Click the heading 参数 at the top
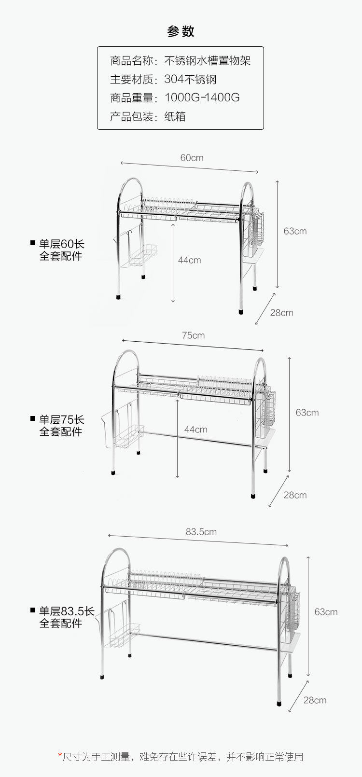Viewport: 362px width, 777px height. coord(181,31)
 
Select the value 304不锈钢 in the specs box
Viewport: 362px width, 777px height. coord(190,79)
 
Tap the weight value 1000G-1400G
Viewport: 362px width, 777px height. coord(202,97)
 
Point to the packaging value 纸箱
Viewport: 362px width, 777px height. coord(175,116)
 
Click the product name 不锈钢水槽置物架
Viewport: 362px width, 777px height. coord(208,61)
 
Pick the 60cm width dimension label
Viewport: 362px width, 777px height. coord(192,158)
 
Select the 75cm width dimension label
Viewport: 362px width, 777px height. coord(193,335)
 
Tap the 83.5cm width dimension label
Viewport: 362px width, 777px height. coord(201,532)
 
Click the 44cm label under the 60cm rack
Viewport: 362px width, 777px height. coord(189,260)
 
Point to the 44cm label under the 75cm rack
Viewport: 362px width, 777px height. coord(195,430)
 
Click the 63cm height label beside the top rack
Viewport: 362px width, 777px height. coord(295,231)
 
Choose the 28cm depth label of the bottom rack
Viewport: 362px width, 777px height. coord(315,700)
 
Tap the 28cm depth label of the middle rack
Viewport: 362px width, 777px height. coord(295,495)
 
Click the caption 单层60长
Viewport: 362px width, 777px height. coord(61,244)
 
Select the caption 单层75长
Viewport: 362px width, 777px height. coord(61,419)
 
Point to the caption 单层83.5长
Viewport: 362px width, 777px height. coord(67,611)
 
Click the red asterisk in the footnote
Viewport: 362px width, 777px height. coord(60,755)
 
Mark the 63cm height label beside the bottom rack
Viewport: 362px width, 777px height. coord(326,612)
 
